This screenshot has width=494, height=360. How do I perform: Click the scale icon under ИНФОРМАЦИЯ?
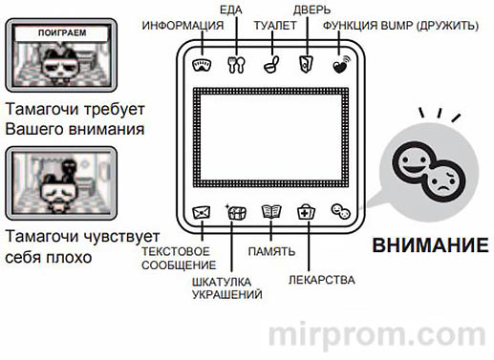[202, 67]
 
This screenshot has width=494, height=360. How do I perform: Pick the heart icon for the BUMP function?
[340, 67]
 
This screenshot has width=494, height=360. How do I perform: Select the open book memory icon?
[271, 212]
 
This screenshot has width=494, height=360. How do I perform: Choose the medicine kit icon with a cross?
[306, 212]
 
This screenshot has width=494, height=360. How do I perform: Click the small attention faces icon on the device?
[340, 212]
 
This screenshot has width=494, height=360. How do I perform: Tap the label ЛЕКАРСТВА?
[322, 281]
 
